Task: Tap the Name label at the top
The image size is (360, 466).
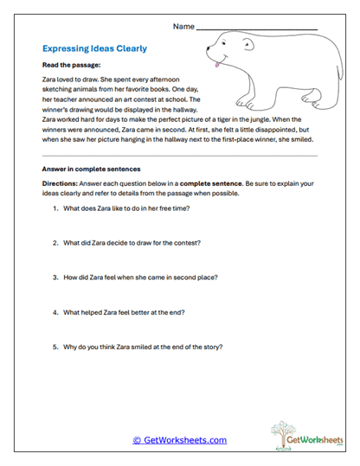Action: click(x=183, y=27)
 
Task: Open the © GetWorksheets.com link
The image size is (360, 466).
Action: click(x=179, y=440)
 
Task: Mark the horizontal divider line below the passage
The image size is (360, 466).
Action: click(x=179, y=155)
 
